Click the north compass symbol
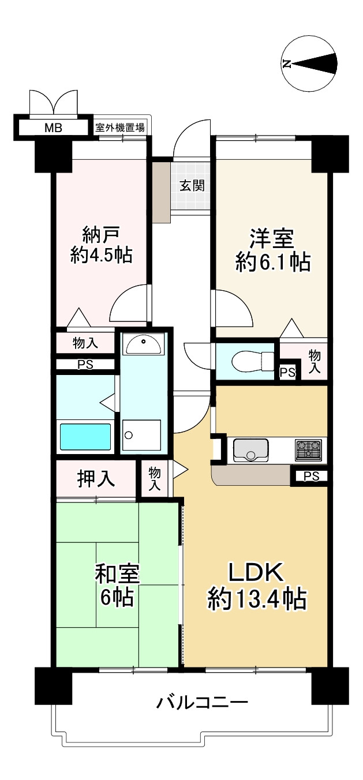[x=309, y=63]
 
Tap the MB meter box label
[x=53, y=128]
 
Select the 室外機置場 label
[x=120, y=128]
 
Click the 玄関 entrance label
[x=192, y=186]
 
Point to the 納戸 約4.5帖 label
[x=101, y=245]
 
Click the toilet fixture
[x=254, y=362]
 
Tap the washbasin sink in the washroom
[x=144, y=344]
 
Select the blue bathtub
[x=85, y=436]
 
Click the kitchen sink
[x=250, y=449]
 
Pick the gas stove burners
[x=308, y=449]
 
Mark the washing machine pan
[x=141, y=435]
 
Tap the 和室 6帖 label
[x=117, y=586]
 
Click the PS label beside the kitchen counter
[x=311, y=476]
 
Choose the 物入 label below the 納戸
[x=85, y=343]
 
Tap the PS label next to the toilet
[x=288, y=373]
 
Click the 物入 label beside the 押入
[x=154, y=479]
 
